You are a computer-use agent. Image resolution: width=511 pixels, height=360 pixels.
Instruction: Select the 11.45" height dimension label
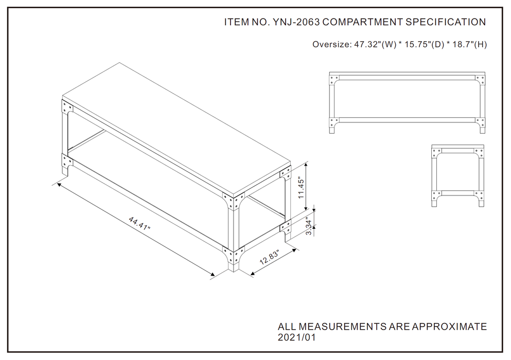(301, 188)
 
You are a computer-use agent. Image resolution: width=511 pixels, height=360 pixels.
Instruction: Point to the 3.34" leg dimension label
(309, 226)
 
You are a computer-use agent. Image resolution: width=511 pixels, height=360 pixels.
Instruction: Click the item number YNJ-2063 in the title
(296, 22)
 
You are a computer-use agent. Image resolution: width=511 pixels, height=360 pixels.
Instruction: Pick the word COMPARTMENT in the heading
(362, 22)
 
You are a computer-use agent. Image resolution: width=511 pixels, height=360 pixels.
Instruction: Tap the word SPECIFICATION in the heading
(446, 22)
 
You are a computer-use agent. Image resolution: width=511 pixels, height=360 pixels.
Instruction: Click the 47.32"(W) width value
(375, 44)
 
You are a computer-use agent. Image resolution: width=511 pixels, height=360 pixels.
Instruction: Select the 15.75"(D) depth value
(425, 44)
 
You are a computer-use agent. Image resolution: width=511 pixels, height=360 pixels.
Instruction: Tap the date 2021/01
(297, 337)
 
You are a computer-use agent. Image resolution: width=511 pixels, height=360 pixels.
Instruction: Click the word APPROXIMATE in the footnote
(449, 327)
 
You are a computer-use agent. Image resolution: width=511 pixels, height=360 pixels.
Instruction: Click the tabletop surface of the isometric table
(176, 127)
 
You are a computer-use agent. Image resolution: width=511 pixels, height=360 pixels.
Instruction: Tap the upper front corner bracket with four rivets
(233, 201)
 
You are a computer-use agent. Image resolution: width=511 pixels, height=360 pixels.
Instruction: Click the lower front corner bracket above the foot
(233, 256)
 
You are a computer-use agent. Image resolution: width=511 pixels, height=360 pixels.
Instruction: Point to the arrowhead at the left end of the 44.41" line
(59, 185)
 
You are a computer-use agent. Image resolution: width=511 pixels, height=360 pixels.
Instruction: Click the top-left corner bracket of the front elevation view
(334, 80)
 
